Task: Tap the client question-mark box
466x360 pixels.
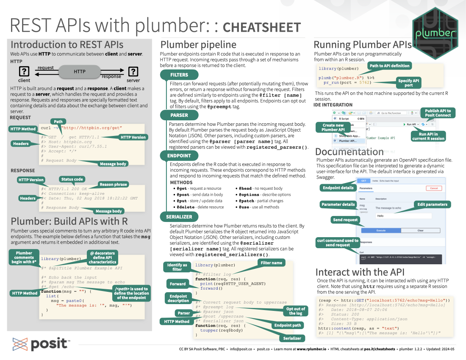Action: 25,71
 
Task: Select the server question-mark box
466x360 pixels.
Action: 133,71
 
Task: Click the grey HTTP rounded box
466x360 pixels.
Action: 80,72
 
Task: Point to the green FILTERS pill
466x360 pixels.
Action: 179,75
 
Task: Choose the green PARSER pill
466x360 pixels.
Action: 179,115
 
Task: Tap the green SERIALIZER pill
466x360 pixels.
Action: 181,216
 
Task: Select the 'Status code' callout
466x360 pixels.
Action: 72,179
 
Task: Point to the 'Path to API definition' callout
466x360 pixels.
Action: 389,66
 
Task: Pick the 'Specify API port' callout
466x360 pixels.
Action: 408,83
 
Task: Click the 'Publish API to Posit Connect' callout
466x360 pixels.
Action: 438,113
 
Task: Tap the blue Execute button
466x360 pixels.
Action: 381,230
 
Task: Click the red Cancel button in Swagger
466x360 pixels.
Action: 433,188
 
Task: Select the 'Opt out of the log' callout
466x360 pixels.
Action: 297,311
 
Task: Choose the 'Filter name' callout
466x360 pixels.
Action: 271,263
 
